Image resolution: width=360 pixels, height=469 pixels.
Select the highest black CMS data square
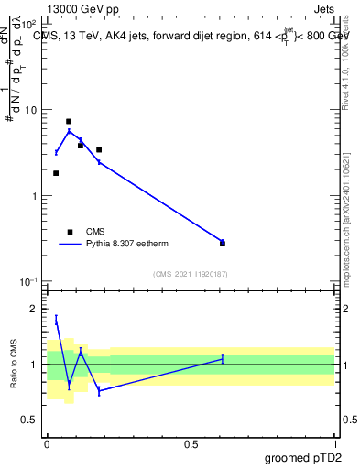click(69, 121)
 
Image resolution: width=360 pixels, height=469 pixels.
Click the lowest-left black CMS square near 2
click(56, 173)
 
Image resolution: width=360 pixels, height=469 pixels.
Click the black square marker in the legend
click(70, 232)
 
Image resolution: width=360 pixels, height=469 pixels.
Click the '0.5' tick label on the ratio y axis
click(30, 420)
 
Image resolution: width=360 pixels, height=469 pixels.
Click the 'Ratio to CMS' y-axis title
click(14, 365)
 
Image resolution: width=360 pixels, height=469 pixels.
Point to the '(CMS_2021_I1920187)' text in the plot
click(191, 273)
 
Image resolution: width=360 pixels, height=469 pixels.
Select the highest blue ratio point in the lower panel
click(56, 320)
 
